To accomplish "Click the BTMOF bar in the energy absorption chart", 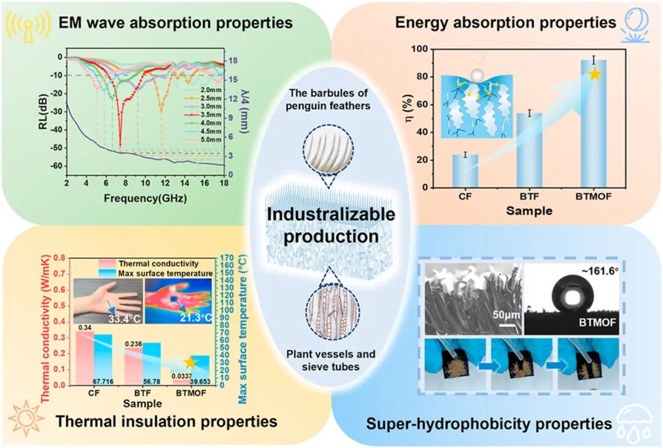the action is click(x=594, y=124).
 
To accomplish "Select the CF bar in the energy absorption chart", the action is click(x=465, y=171).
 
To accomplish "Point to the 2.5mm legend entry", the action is click(x=204, y=98).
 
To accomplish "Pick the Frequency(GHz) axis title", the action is click(x=145, y=198).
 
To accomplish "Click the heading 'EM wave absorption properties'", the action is click(x=176, y=22).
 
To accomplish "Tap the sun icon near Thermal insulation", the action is click(x=26, y=418).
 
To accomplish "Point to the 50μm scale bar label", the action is click(x=506, y=315).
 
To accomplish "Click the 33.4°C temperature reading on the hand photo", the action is click(x=124, y=319).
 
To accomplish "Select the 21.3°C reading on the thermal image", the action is click(x=196, y=317).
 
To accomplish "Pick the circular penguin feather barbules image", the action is click(x=328, y=150).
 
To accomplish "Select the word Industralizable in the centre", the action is click(x=331, y=214).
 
